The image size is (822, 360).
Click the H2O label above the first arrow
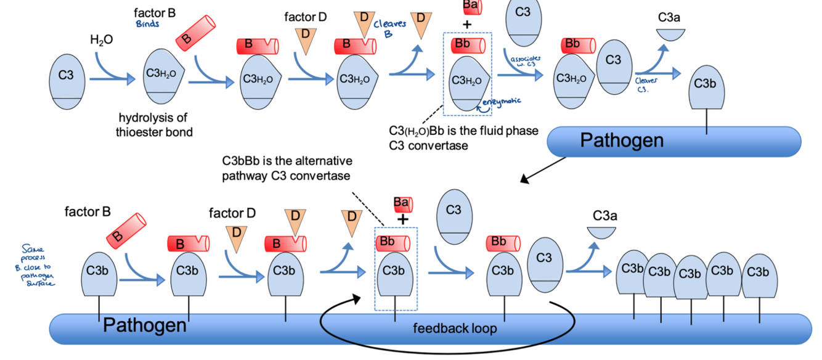102,40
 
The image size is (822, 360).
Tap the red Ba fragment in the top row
471,7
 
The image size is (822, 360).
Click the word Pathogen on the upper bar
622,141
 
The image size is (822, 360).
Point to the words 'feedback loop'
455,328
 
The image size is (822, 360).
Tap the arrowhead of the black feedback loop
356,300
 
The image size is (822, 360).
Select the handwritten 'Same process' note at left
38,264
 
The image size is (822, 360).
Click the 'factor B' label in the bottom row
87,212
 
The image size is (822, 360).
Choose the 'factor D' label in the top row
305,17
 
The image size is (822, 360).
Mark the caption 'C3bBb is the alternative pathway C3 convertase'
287,168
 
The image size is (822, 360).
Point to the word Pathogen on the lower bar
144,325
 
